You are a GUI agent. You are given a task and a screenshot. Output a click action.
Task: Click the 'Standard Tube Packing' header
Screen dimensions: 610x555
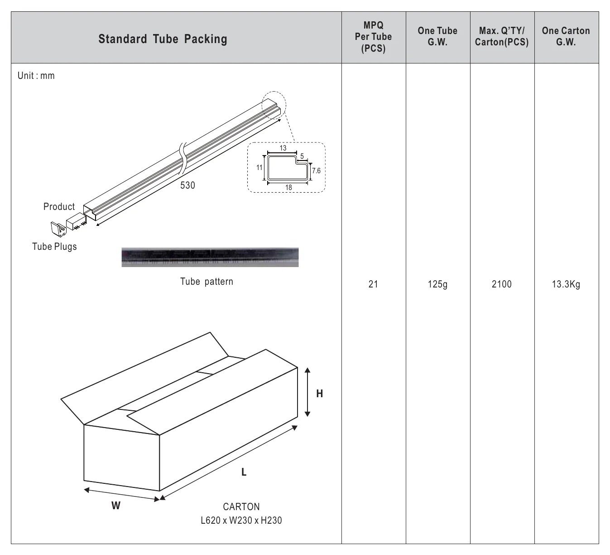pyautogui.click(x=163, y=39)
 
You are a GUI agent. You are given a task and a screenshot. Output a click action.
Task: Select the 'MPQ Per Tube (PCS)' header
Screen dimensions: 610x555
pyautogui.click(x=373, y=37)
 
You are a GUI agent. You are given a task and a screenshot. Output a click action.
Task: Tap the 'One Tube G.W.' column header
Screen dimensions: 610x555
pyautogui.click(x=437, y=36)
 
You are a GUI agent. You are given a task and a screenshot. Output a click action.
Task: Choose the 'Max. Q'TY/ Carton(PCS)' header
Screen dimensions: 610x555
pyautogui.click(x=502, y=36)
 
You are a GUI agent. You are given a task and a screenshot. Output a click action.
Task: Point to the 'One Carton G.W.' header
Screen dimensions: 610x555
pyautogui.click(x=566, y=36)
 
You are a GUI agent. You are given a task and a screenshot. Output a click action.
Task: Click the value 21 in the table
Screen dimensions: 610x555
pyautogui.click(x=373, y=284)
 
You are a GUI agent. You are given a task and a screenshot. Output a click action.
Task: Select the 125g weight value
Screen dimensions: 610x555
pyautogui.click(x=437, y=284)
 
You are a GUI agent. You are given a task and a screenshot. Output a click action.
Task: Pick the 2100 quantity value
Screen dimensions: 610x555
pyautogui.click(x=502, y=284)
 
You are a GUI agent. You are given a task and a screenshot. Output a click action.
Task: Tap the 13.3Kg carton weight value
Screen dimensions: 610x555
pyautogui.click(x=566, y=284)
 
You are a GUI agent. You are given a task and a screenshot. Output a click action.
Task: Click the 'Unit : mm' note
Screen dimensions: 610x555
pyautogui.click(x=36, y=76)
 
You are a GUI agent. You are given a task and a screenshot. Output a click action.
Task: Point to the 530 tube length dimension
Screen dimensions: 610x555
pyautogui.click(x=187, y=185)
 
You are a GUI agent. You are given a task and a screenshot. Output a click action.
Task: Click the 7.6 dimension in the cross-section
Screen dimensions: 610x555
pyautogui.click(x=316, y=170)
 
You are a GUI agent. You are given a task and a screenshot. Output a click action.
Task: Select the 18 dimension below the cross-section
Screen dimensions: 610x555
pyautogui.click(x=288, y=187)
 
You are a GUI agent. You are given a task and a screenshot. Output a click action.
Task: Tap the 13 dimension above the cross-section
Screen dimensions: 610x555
pyautogui.click(x=283, y=148)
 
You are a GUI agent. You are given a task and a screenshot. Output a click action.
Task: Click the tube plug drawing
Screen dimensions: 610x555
pyautogui.click(x=58, y=229)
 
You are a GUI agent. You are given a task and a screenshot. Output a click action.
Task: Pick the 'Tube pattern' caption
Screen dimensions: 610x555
pyautogui.click(x=207, y=282)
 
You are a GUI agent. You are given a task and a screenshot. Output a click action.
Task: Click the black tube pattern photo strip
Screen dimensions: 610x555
pyautogui.click(x=210, y=258)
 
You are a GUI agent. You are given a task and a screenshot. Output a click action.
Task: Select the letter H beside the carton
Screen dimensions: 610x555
pyautogui.click(x=319, y=394)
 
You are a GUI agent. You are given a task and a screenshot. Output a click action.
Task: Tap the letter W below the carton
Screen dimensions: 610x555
pyautogui.click(x=116, y=506)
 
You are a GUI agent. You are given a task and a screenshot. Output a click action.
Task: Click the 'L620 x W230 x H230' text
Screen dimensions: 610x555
pyautogui.click(x=241, y=520)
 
